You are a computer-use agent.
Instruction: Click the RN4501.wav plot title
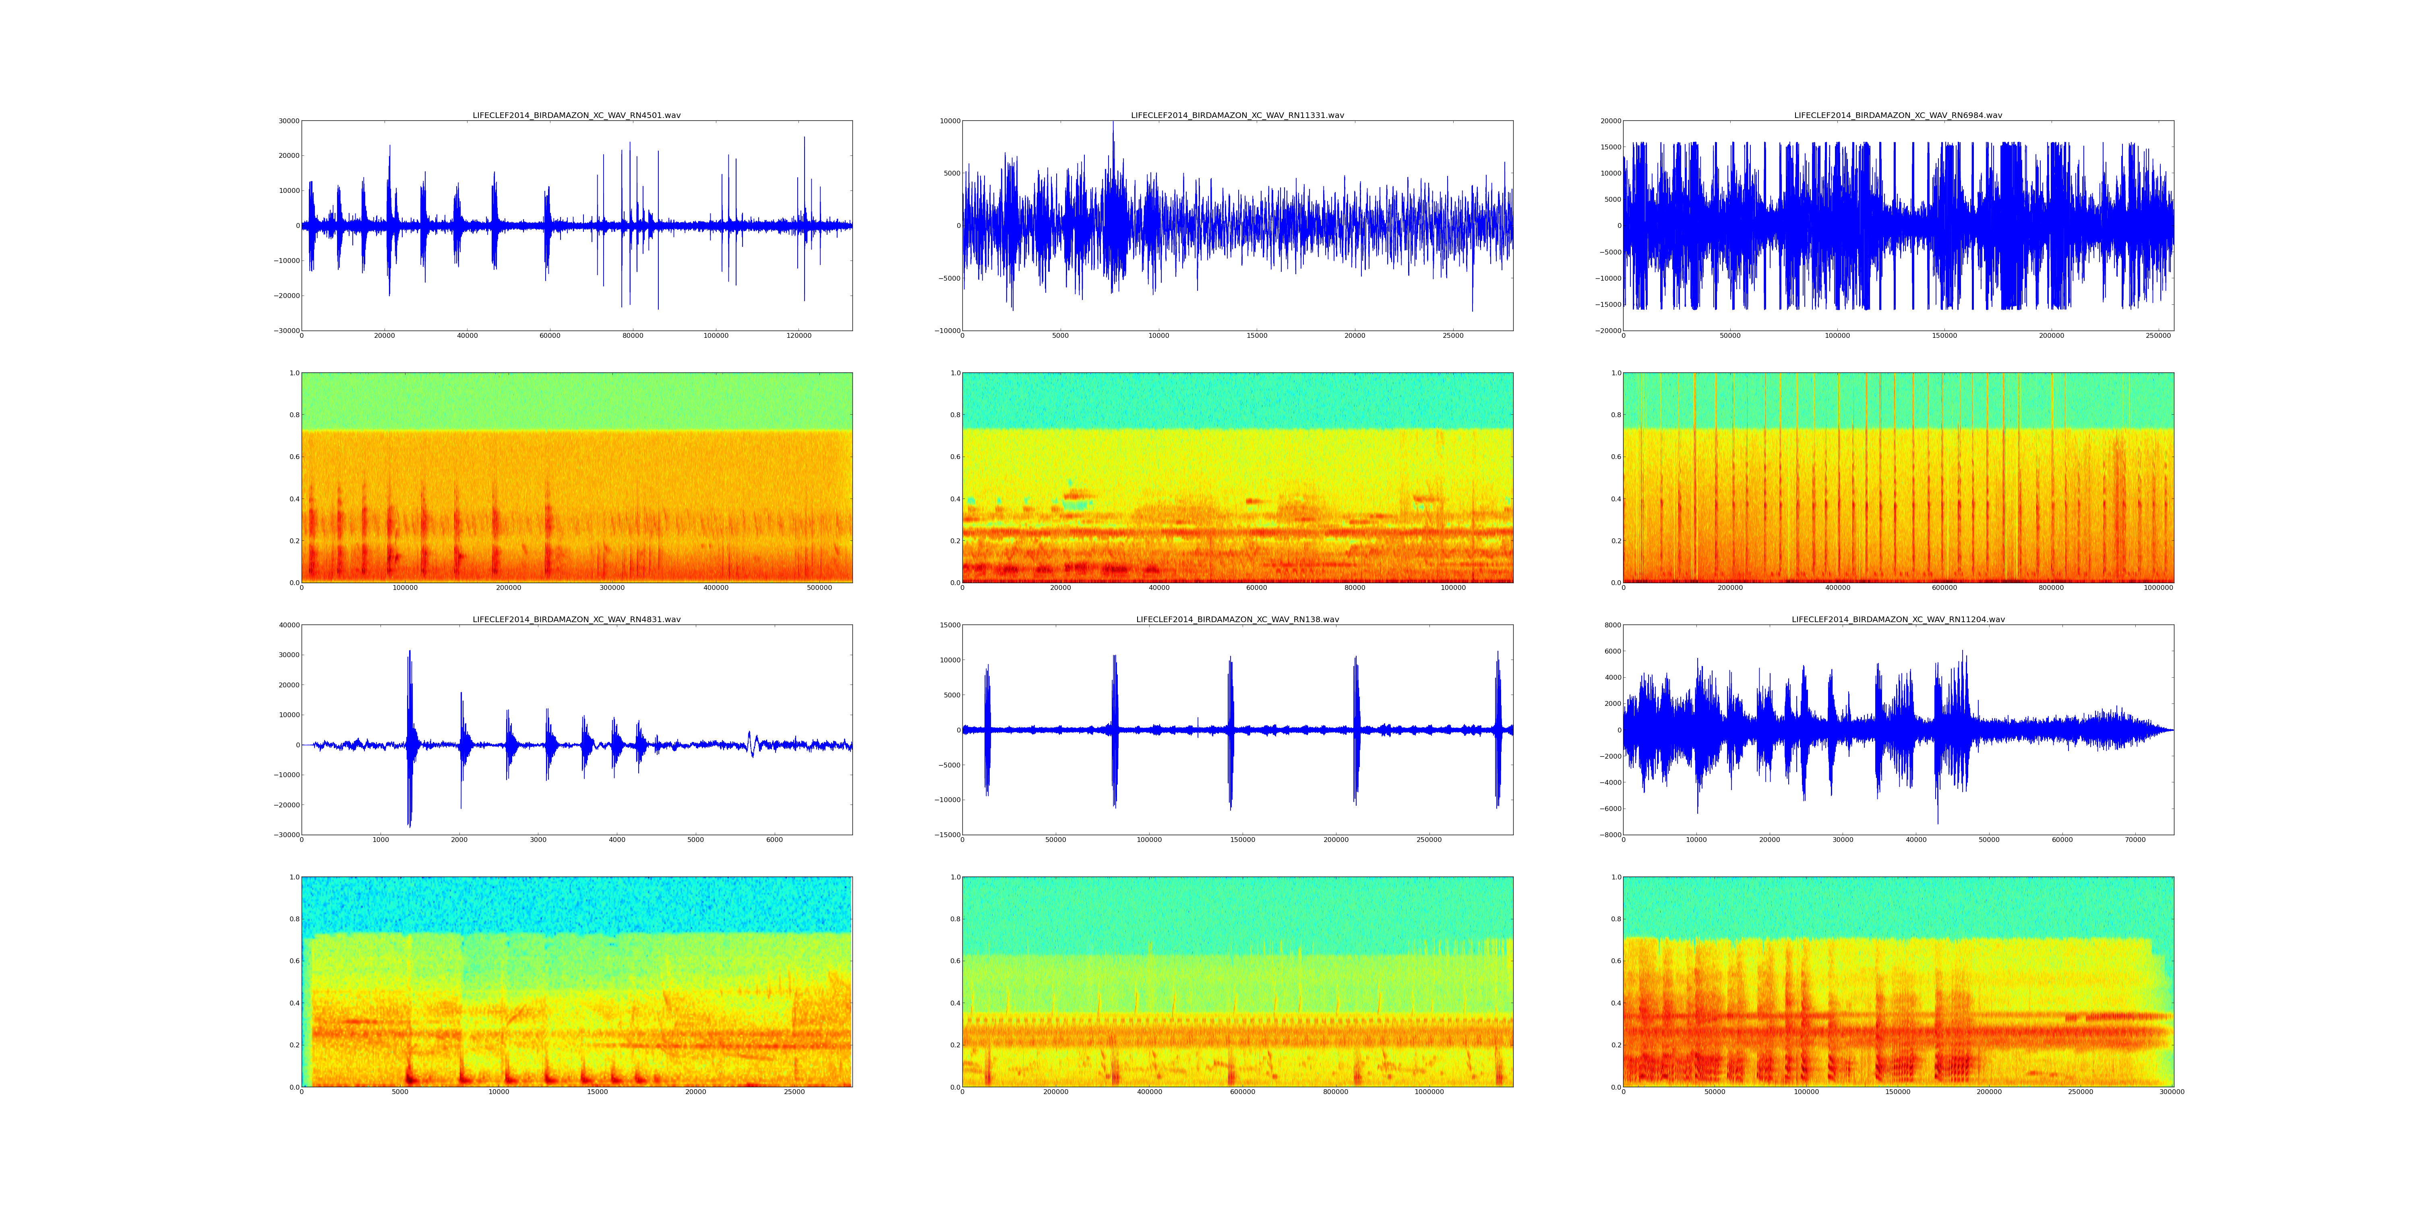pos(576,115)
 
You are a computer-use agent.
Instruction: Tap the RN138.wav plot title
pos(1237,620)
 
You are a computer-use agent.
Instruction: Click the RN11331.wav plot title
pos(1237,115)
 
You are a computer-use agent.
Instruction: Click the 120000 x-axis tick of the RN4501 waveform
pos(798,336)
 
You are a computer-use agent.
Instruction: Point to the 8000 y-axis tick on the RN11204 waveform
pos(1609,626)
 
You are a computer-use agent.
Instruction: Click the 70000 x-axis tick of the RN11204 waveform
pos(2135,840)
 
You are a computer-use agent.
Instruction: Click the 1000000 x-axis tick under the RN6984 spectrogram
pos(2158,588)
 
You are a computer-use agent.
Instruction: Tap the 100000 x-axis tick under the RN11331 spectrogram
pos(1453,588)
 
